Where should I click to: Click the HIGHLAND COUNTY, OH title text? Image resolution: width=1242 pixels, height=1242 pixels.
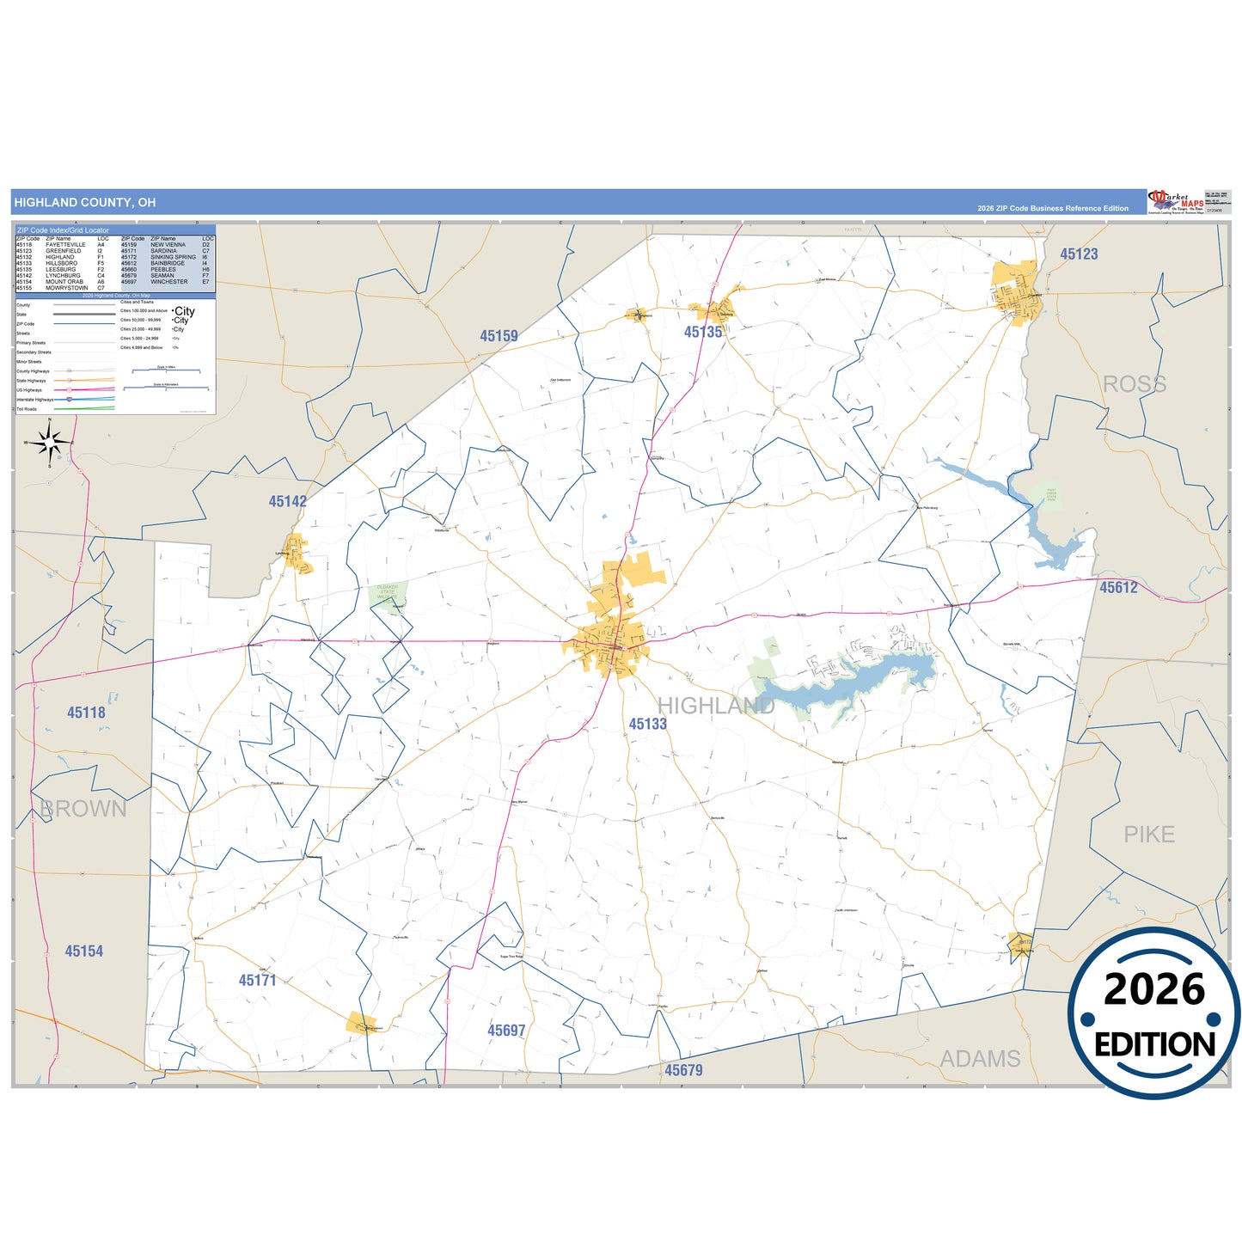coord(85,203)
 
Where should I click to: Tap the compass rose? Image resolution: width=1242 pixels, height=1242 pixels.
coord(50,443)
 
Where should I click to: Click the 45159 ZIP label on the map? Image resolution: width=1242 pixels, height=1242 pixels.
coord(499,336)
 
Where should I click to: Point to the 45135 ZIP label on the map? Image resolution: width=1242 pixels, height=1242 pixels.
coord(703,332)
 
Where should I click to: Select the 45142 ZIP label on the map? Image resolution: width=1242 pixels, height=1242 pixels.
coord(287,501)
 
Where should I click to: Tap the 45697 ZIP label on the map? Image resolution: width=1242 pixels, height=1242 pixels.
coord(506,1030)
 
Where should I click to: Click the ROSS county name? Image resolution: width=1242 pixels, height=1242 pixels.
coord(1135,384)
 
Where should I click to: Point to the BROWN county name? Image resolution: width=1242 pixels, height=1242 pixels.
coord(83,809)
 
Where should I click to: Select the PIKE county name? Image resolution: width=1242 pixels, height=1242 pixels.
coord(1149,835)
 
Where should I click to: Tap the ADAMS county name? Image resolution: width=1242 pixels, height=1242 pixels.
coord(980,1059)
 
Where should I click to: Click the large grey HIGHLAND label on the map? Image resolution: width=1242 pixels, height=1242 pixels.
coord(716,706)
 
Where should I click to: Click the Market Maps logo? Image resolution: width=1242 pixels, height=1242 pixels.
coord(1176,202)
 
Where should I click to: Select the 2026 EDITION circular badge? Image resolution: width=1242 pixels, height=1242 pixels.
coord(1154,1013)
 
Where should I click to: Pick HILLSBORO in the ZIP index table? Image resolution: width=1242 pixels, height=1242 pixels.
coord(62,263)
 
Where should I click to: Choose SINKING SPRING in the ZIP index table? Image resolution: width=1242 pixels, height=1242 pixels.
coord(173,257)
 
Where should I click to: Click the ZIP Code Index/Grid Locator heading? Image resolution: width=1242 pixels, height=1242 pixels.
coord(64,230)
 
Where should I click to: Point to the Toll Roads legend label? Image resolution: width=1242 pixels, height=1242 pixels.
coord(27,409)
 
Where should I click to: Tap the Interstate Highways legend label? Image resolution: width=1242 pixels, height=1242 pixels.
coord(34,400)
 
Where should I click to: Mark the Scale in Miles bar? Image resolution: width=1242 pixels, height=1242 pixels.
coord(166,370)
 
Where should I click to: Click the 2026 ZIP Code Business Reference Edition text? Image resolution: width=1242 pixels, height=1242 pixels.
coord(1052,209)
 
